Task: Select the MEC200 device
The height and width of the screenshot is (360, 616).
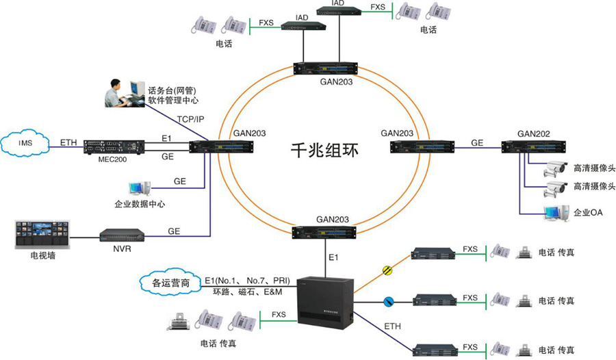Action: point(110,146)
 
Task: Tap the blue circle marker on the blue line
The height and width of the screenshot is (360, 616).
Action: point(387,300)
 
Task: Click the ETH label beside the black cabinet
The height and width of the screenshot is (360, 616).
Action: point(393,327)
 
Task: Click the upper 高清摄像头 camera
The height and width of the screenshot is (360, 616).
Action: point(555,168)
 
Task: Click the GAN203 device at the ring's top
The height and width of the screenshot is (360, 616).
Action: point(326,68)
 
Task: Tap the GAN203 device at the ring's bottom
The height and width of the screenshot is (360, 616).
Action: point(326,233)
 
